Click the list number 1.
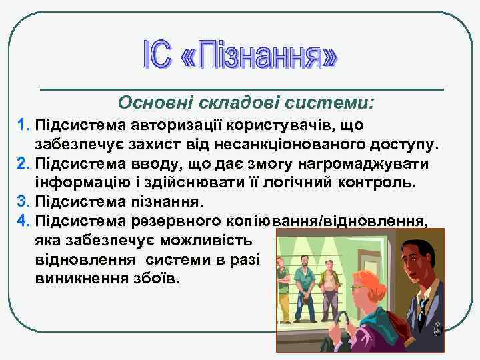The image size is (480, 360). (x=23, y=125)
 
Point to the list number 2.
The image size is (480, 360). (x=23, y=163)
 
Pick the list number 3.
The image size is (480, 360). (x=23, y=201)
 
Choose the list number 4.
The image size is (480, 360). (x=23, y=221)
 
